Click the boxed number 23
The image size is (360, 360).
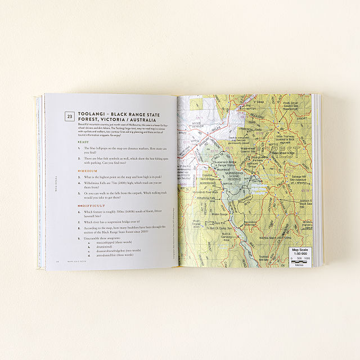69,116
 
